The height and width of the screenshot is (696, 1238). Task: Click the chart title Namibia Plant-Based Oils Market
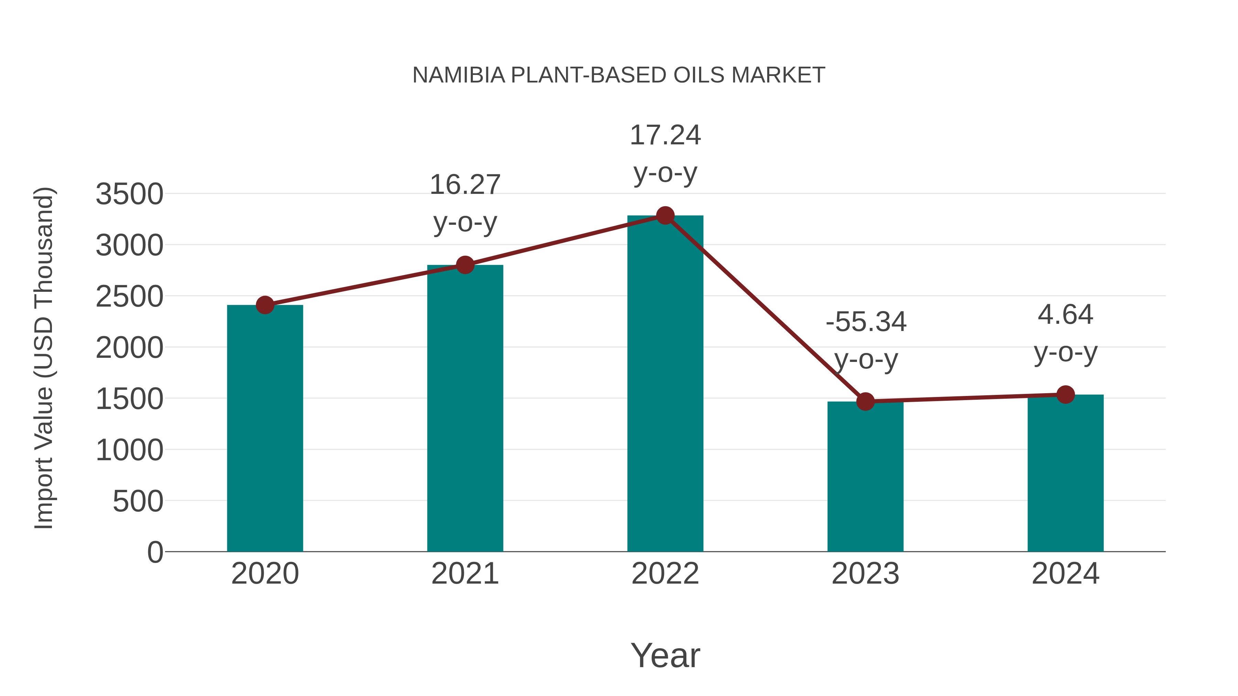coord(619,75)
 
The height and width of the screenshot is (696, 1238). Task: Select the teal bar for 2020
coord(265,428)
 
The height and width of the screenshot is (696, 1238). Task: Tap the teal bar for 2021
coord(465,408)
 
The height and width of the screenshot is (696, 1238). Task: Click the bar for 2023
coord(865,476)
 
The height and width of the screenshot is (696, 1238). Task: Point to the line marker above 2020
coord(265,305)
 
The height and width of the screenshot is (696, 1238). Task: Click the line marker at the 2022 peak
coord(665,216)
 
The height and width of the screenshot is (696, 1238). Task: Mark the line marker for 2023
coord(865,401)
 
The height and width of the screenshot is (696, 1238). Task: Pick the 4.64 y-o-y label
coord(1065,333)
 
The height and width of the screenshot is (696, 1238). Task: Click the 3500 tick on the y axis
coord(129,194)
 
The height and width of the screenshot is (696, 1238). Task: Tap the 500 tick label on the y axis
coord(138,501)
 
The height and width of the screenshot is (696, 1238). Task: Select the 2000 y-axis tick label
coord(129,348)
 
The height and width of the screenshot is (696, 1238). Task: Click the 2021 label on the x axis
coord(465,574)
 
